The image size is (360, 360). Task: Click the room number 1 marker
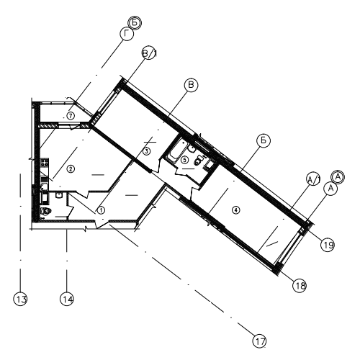pos(101,210)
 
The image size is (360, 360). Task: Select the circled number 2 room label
pos(71,169)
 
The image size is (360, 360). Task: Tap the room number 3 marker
pos(147,151)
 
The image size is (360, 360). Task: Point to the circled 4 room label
pos(236,210)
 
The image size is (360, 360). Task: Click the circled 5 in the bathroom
pos(184,160)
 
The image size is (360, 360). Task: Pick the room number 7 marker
pos(71,116)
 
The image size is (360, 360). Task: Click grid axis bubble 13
pos(20,299)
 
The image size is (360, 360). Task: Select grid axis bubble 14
pos(67,299)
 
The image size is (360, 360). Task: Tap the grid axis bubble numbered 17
pos(260,341)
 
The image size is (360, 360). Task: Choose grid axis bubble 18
pos(300,286)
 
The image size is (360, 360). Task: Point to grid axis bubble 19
pos(328,245)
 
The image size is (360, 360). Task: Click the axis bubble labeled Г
pos(127,35)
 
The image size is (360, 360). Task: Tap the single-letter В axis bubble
pos(191,85)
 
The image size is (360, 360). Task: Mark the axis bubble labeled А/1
pos(313,179)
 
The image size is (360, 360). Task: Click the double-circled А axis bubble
pos(338,177)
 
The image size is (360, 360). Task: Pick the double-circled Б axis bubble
pos(135,23)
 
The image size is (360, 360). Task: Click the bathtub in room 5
pos(176,150)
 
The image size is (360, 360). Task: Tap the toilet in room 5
pos(198,161)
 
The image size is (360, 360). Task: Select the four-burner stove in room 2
pos(45,163)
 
